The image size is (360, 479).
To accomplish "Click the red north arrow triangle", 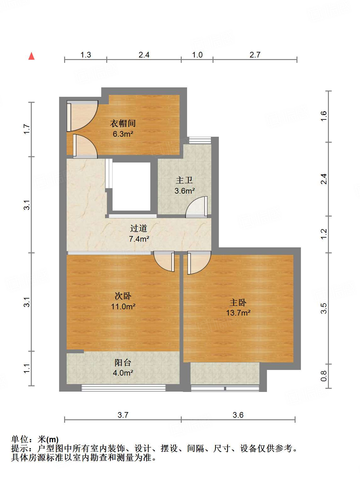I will (31, 56).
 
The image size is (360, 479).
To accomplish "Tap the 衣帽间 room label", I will (123, 124).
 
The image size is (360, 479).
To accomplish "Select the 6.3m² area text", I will (123, 134).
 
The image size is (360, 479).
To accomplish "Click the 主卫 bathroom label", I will (184, 180).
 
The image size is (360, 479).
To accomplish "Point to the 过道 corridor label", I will (139, 228).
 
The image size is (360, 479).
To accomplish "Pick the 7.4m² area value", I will (139, 239).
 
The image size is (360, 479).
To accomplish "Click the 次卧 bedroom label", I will (123, 296).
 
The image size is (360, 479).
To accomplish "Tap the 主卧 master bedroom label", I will (238, 303).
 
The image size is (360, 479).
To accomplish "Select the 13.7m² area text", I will (238, 313).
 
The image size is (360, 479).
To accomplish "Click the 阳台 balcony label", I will (123, 363).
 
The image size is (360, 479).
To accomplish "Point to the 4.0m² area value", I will (123, 373).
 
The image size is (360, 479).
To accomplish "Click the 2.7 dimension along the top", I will (255, 55).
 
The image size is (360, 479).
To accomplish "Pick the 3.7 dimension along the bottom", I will (123, 415).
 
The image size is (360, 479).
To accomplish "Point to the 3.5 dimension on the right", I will (324, 308).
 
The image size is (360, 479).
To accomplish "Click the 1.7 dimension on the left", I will (27, 129).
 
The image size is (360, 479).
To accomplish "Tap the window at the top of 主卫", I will (200, 140).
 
